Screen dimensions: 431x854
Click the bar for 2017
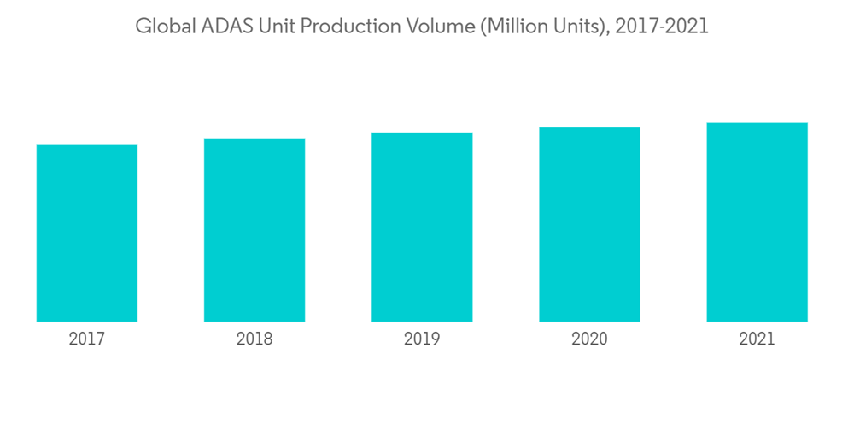87,233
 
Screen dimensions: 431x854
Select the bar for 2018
254,230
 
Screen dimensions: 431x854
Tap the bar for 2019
422,227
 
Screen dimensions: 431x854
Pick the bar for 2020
589,224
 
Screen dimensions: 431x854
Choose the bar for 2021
757,222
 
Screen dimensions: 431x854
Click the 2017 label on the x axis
87,339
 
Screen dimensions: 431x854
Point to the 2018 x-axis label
254,339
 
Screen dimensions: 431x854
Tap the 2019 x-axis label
422,339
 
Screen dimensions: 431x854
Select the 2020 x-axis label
589,339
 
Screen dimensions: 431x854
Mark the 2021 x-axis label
757,339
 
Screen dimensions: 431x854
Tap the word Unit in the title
276,27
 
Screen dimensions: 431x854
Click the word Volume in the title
431,27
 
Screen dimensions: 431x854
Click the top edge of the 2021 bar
757,124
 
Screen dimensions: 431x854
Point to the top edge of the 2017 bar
87,145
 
